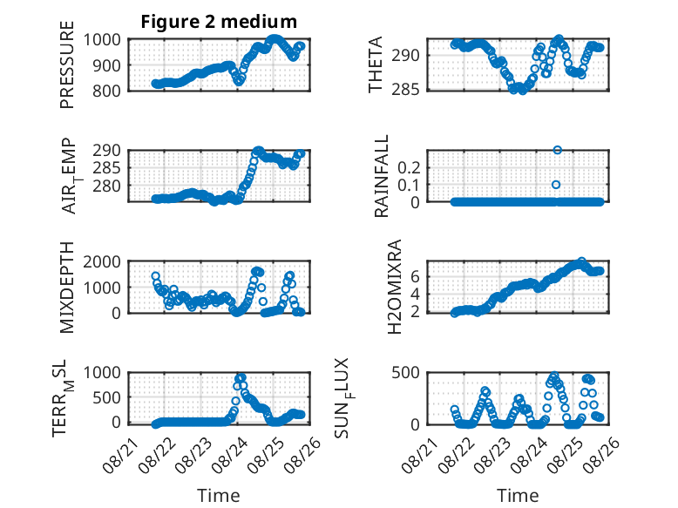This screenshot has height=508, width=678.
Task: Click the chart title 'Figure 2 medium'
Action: click(x=219, y=21)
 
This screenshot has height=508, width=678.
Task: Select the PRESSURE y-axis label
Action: click(x=67, y=64)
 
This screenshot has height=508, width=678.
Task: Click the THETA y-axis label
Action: click(x=376, y=64)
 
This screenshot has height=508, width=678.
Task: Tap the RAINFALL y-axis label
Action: click(x=382, y=176)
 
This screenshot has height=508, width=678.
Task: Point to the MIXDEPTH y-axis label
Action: click(x=67, y=287)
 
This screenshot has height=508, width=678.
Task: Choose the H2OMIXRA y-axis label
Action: click(x=395, y=287)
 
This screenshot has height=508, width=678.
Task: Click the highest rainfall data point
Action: click(x=557, y=150)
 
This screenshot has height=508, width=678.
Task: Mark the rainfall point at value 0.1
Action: click(x=556, y=185)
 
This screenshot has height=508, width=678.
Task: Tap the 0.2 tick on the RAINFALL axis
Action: click(x=409, y=168)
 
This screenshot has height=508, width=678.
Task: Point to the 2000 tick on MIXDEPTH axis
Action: click(x=102, y=261)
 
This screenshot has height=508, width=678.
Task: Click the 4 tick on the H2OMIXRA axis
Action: click(x=415, y=294)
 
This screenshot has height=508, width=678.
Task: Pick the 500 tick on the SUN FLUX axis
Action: click(x=405, y=373)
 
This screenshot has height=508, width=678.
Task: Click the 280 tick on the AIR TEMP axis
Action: click(x=106, y=186)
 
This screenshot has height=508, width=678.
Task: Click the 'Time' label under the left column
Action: click(x=219, y=496)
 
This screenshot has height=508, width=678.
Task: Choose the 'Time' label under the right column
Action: click(x=518, y=496)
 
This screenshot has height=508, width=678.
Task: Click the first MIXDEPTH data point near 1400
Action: click(x=155, y=276)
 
